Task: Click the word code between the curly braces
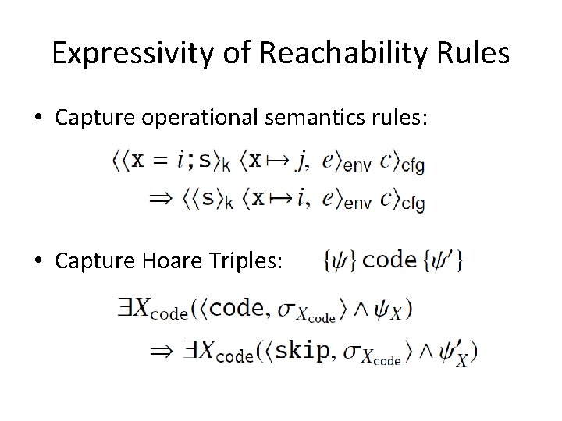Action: click(389, 260)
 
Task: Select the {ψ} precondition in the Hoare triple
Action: click(339, 261)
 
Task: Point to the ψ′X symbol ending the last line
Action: click(457, 355)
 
